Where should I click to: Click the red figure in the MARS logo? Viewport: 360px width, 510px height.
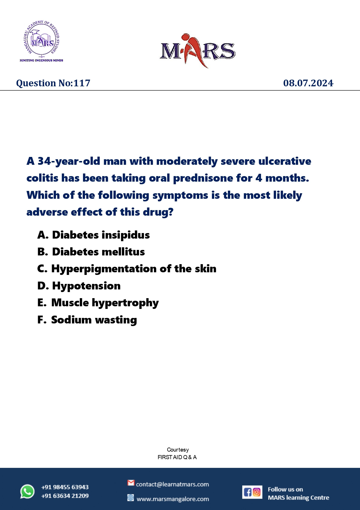(196, 49)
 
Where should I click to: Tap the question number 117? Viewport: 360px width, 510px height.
(82, 83)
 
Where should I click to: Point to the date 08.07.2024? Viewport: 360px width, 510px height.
(308, 83)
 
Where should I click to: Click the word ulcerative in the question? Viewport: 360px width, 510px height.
(285, 161)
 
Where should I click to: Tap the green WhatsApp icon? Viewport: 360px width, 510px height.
(27, 492)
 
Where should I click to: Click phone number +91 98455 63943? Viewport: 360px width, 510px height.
(65, 487)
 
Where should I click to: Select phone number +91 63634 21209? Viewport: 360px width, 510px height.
(65, 496)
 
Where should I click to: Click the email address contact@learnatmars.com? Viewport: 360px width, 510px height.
(172, 484)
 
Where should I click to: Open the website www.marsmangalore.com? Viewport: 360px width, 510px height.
(173, 499)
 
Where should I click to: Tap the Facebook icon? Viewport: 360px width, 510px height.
(247, 492)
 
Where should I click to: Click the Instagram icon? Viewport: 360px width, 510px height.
(257, 492)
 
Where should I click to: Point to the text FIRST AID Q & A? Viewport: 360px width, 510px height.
(177, 457)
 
